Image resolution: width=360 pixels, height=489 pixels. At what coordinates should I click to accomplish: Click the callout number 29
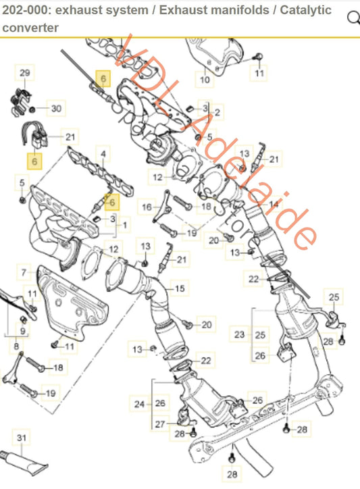(24, 72)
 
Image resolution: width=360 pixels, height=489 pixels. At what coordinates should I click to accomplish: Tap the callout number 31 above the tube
(22, 438)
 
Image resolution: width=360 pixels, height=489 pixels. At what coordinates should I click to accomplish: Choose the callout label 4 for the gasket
(103, 155)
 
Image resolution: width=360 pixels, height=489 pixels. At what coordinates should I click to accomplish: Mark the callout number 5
(22, 182)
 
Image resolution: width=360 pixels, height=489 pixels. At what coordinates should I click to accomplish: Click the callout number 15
(180, 288)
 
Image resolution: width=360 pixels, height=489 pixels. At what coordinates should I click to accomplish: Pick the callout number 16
(147, 205)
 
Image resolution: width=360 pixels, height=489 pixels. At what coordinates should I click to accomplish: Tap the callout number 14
(273, 203)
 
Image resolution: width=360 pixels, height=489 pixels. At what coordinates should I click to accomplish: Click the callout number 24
(139, 405)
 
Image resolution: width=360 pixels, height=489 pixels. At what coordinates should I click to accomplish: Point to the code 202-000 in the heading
(26, 10)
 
